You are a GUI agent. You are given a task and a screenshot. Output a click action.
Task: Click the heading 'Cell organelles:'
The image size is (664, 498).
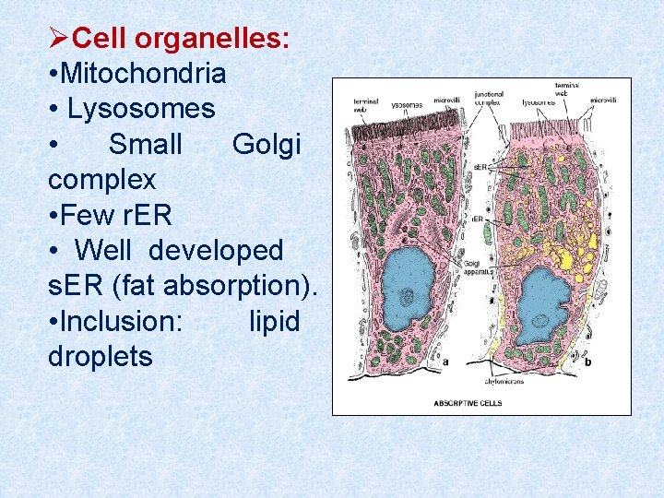pyautogui.click(x=181, y=38)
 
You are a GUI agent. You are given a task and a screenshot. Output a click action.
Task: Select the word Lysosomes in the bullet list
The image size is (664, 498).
pyautogui.click(x=141, y=109)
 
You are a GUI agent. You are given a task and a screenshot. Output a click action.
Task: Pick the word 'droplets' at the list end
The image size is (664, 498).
pyautogui.click(x=100, y=357)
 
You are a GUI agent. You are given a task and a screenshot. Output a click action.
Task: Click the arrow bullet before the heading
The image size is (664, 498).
pyautogui.click(x=59, y=38)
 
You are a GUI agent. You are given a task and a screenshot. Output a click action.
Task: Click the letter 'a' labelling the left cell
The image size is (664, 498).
pyautogui.click(x=446, y=362)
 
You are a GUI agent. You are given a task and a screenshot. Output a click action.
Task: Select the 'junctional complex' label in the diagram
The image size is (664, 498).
pyautogui.click(x=489, y=97)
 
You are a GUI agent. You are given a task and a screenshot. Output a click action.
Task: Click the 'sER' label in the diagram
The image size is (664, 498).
pyautogui.click(x=480, y=166)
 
